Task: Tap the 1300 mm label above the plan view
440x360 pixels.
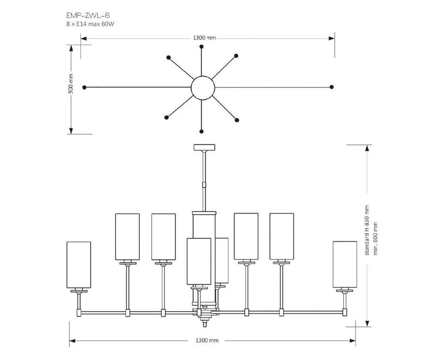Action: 205,38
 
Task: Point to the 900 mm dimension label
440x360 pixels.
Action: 71,83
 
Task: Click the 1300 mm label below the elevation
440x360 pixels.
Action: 207,341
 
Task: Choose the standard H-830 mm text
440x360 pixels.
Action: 366,230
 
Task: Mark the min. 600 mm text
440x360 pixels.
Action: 376,239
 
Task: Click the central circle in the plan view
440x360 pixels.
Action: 202,87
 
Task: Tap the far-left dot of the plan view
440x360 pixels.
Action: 85,87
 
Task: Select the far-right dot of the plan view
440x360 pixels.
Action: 332,87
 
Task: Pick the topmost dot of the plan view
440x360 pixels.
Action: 202,46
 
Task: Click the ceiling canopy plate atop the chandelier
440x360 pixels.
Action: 205,148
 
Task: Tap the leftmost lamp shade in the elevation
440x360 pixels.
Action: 79,265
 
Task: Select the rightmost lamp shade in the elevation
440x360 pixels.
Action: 345,264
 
